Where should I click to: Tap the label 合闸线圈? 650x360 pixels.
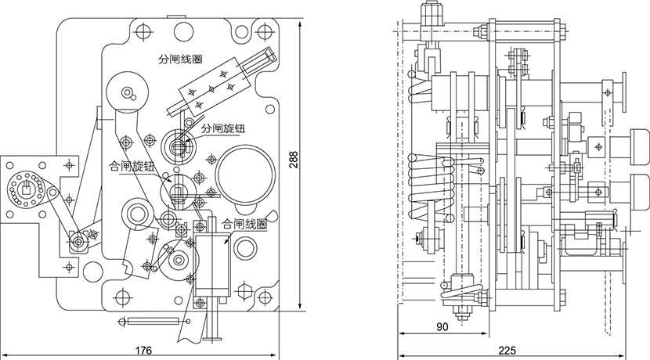pos(244,223)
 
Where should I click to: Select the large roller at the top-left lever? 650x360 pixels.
pos(128,92)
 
